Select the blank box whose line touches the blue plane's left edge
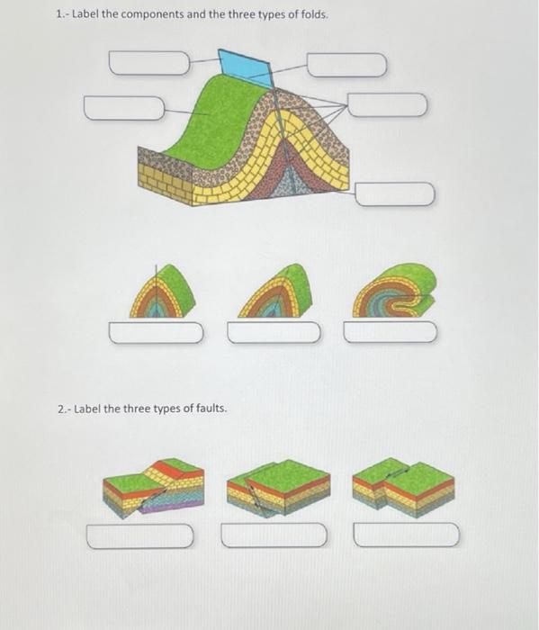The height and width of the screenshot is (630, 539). click(x=150, y=63)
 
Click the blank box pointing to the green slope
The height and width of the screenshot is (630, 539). click(x=125, y=108)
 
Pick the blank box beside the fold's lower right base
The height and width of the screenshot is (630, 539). click(x=395, y=193)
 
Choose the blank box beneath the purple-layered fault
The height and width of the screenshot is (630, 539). click(x=140, y=537)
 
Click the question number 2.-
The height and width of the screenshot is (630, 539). click(x=62, y=409)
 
